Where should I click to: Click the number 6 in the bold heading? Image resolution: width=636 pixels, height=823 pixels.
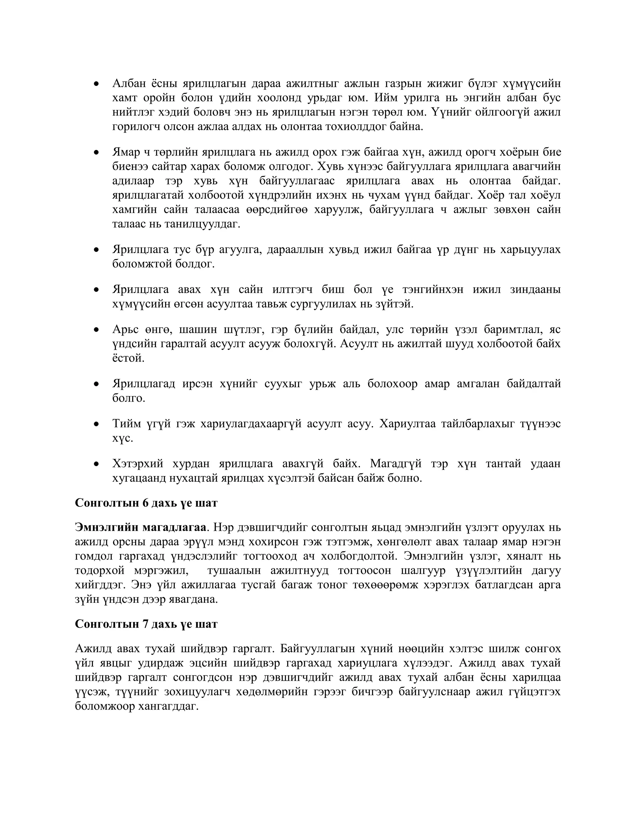point(145,503)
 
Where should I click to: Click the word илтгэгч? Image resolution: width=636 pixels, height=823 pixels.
point(292,289)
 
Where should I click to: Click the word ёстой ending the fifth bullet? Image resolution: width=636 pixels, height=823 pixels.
point(128,358)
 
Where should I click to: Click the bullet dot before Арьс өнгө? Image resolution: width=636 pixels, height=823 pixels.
point(97,330)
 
